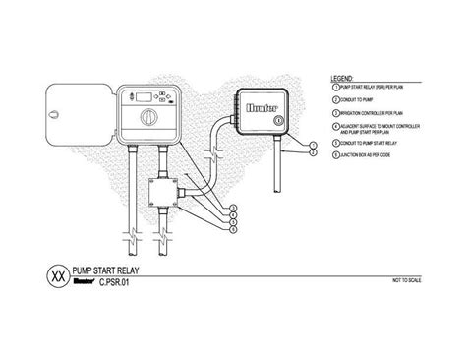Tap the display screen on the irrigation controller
pyautogui.click(x=137, y=95)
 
